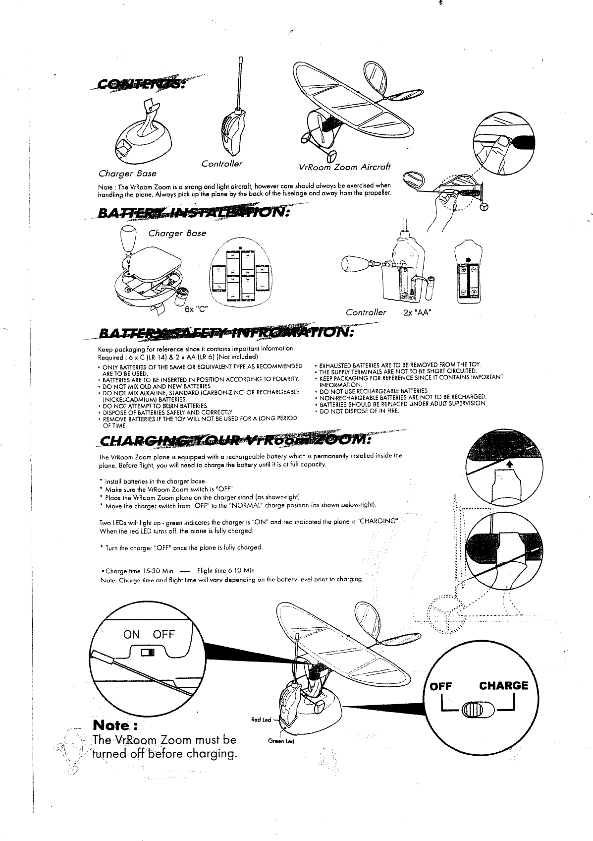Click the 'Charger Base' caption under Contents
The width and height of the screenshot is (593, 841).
(x=127, y=174)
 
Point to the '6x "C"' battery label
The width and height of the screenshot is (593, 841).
(x=195, y=311)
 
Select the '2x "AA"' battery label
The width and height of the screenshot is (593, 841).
(x=419, y=312)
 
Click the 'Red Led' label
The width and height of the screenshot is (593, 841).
(x=261, y=720)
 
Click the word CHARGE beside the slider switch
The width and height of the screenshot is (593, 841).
(x=503, y=686)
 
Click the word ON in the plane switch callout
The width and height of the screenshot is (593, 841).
(x=131, y=635)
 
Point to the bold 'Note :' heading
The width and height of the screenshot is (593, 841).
(x=115, y=726)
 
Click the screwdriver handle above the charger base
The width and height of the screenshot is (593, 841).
(x=128, y=239)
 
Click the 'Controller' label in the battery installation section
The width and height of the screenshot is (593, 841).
(x=366, y=312)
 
